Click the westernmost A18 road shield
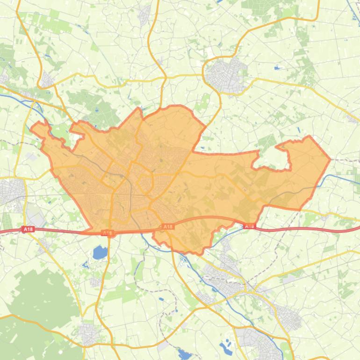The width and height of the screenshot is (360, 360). point(28,229)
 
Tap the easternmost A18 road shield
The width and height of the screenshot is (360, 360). point(250,226)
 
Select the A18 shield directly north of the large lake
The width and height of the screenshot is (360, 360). point(108,233)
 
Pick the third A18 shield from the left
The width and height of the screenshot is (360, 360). point(167,227)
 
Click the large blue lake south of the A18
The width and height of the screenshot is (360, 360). point(100,253)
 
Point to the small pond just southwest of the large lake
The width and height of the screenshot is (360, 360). point(86,266)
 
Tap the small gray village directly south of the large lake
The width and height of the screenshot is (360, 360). point(95,282)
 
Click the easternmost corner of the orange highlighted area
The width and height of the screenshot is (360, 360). point(331,159)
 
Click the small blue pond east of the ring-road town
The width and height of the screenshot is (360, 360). point(277,68)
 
